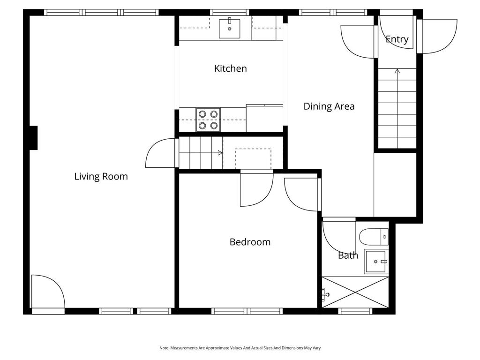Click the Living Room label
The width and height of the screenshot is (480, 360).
101,177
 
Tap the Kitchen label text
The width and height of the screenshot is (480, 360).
230,68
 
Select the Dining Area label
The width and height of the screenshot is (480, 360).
329,106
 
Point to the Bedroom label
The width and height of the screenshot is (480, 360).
250,242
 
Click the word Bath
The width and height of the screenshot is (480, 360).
348,255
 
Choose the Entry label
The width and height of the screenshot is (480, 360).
397,40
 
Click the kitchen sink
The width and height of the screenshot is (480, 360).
230,28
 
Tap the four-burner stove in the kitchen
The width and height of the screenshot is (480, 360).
208,119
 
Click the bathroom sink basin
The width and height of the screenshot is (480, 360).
376,262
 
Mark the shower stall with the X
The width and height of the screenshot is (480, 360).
356,292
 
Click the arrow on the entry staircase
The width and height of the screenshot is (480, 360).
397,71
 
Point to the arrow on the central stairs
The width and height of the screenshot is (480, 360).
220,153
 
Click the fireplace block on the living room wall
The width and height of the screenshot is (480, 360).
33,138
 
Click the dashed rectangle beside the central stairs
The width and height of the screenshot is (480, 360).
253,158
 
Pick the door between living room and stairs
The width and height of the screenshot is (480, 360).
160,153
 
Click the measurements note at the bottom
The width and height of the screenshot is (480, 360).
240,348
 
